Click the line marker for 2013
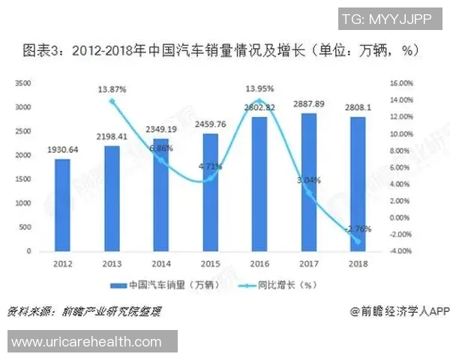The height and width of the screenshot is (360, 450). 112,101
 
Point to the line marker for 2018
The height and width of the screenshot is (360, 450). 358,241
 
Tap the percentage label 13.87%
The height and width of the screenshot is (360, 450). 112,89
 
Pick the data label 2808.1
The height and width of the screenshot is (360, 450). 358,106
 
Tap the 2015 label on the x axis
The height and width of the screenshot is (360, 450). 211,264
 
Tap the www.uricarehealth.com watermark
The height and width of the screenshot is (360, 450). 88,341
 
